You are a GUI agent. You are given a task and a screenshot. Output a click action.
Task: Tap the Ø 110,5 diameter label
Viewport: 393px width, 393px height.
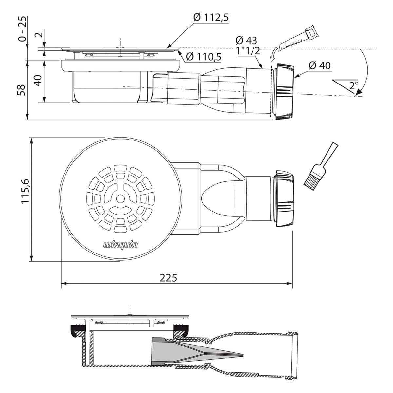click(x=204, y=57)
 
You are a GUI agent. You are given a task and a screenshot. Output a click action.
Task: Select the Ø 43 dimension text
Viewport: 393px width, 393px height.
click(x=246, y=40)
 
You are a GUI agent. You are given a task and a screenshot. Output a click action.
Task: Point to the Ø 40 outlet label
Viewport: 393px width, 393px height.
click(x=320, y=66)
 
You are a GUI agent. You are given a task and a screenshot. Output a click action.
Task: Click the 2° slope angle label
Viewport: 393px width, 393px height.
click(x=354, y=85)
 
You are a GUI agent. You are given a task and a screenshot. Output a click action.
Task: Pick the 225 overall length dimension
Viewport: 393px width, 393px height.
click(x=168, y=278)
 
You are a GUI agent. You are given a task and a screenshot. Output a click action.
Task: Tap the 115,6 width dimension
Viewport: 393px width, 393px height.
click(x=26, y=191)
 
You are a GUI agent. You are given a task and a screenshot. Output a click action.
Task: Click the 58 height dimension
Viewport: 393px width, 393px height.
click(x=22, y=90)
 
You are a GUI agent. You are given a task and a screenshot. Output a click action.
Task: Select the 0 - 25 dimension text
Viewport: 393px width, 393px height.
click(x=22, y=29)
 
